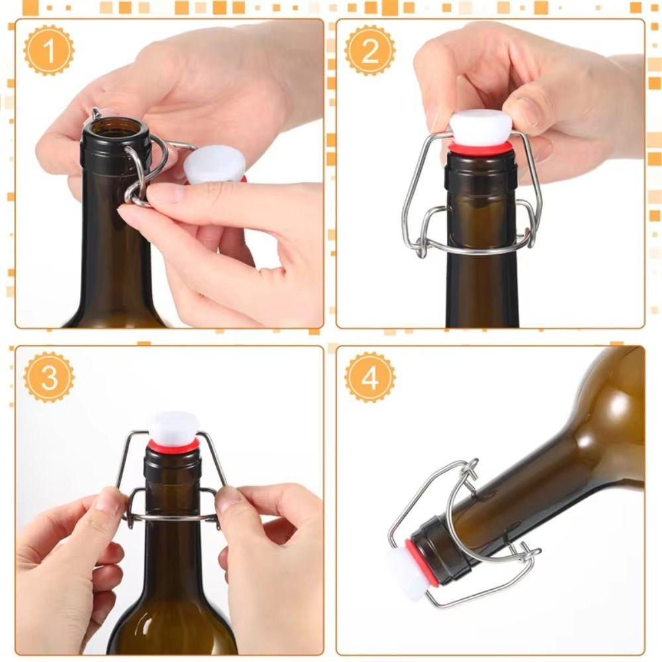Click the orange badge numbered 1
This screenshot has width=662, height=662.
[x=49, y=51]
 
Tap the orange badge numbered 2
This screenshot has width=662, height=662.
[x=370, y=51]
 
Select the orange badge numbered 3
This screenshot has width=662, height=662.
[x=49, y=377]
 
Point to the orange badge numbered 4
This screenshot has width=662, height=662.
[x=370, y=377]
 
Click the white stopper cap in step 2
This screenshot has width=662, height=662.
[x=481, y=128]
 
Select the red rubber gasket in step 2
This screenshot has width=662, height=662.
[x=481, y=150]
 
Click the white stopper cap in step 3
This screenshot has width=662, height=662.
[x=173, y=427]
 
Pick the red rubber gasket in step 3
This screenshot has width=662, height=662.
[x=173, y=446]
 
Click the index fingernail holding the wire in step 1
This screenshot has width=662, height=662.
[x=164, y=195]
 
